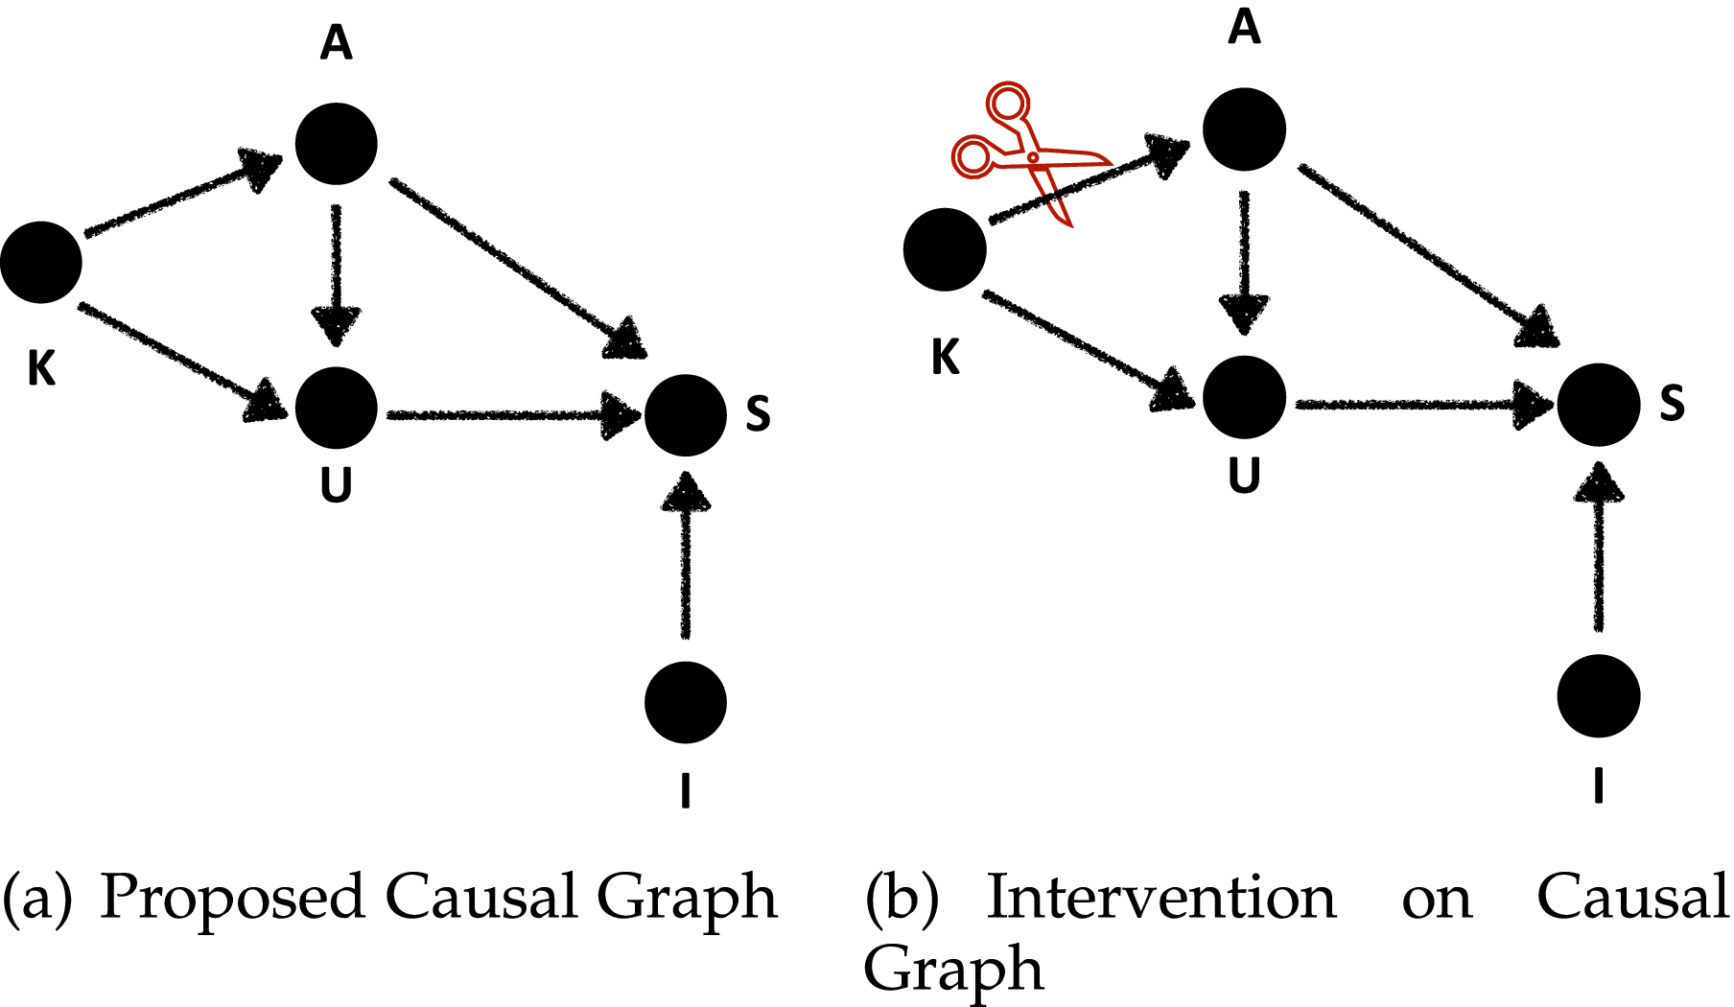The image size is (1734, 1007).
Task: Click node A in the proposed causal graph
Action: click(x=336, y=144)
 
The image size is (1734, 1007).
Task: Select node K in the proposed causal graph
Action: click(x=41, y=262)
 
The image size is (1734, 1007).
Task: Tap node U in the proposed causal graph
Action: click(x=336, y=408)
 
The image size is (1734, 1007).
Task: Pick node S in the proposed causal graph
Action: click(x=685, y=414)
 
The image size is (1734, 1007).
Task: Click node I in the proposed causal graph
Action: click(x=685, y=702)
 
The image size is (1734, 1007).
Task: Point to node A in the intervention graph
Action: click(x=1244, y=129)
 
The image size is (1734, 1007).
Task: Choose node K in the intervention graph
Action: click(x=945, y=249)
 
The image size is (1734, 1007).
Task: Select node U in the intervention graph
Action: click(x=1244, y=397)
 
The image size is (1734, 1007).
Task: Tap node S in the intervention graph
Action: click(x=1598, y=404)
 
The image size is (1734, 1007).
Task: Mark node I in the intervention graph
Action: click(x=1598, y=695)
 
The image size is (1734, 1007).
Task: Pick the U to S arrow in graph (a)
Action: click(x=508, y=415)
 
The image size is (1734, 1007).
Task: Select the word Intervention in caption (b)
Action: click(x=1160, y=900)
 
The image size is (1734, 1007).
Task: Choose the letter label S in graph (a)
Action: click(x=758, y=413)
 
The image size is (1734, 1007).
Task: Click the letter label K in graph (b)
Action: click(x=945, y=358)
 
